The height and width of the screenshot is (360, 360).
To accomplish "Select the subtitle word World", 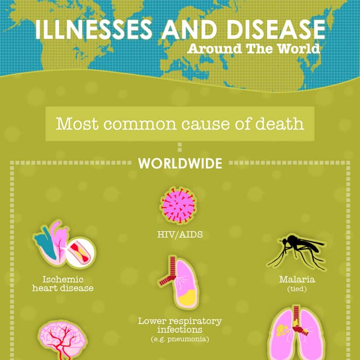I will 299,48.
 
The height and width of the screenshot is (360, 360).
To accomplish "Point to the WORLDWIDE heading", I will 180,164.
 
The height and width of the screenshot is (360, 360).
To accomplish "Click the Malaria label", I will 296,280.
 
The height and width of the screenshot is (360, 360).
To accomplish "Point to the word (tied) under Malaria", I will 296,289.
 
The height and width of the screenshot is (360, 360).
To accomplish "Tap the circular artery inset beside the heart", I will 80,253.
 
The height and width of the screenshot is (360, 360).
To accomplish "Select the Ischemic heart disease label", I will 63,283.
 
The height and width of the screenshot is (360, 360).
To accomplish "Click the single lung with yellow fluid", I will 180,283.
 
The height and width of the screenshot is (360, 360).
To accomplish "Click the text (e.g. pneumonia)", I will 180,339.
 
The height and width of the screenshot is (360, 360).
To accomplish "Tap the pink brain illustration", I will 62,341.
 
